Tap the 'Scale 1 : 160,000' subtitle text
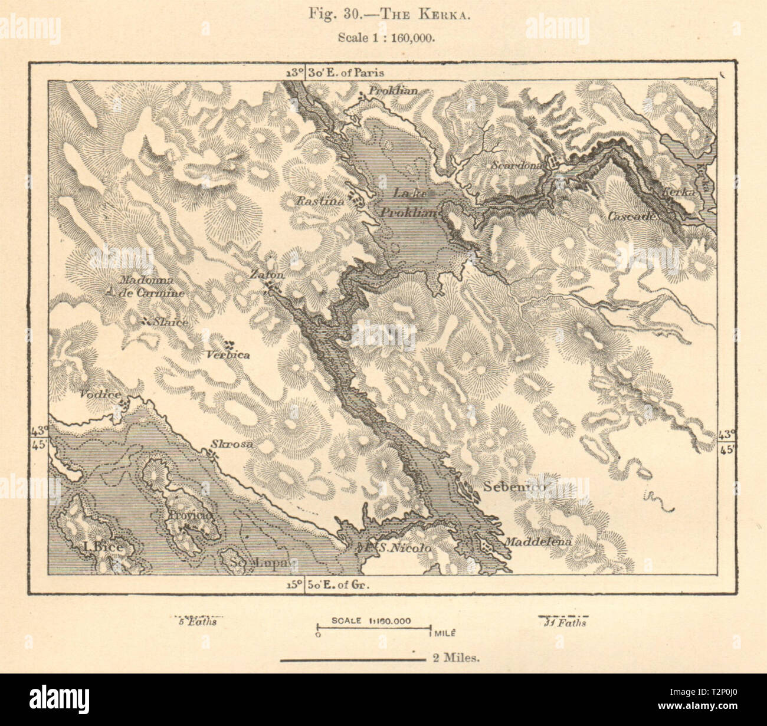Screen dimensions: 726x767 click(386, 37)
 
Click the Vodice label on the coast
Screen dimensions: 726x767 click(100, 395)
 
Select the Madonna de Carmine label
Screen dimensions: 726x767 click(151, 287)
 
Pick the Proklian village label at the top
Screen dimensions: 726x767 click(393, 91)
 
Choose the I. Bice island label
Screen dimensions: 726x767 click(104, 547)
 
